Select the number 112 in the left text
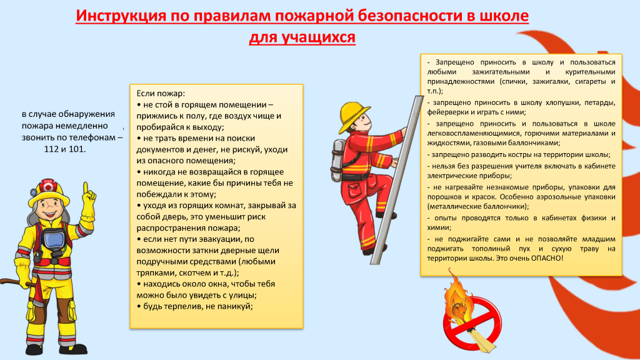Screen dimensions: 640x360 [51, 149]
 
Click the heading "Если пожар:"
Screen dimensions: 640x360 [161, 94]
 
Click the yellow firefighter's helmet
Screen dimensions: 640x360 [49, 191]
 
